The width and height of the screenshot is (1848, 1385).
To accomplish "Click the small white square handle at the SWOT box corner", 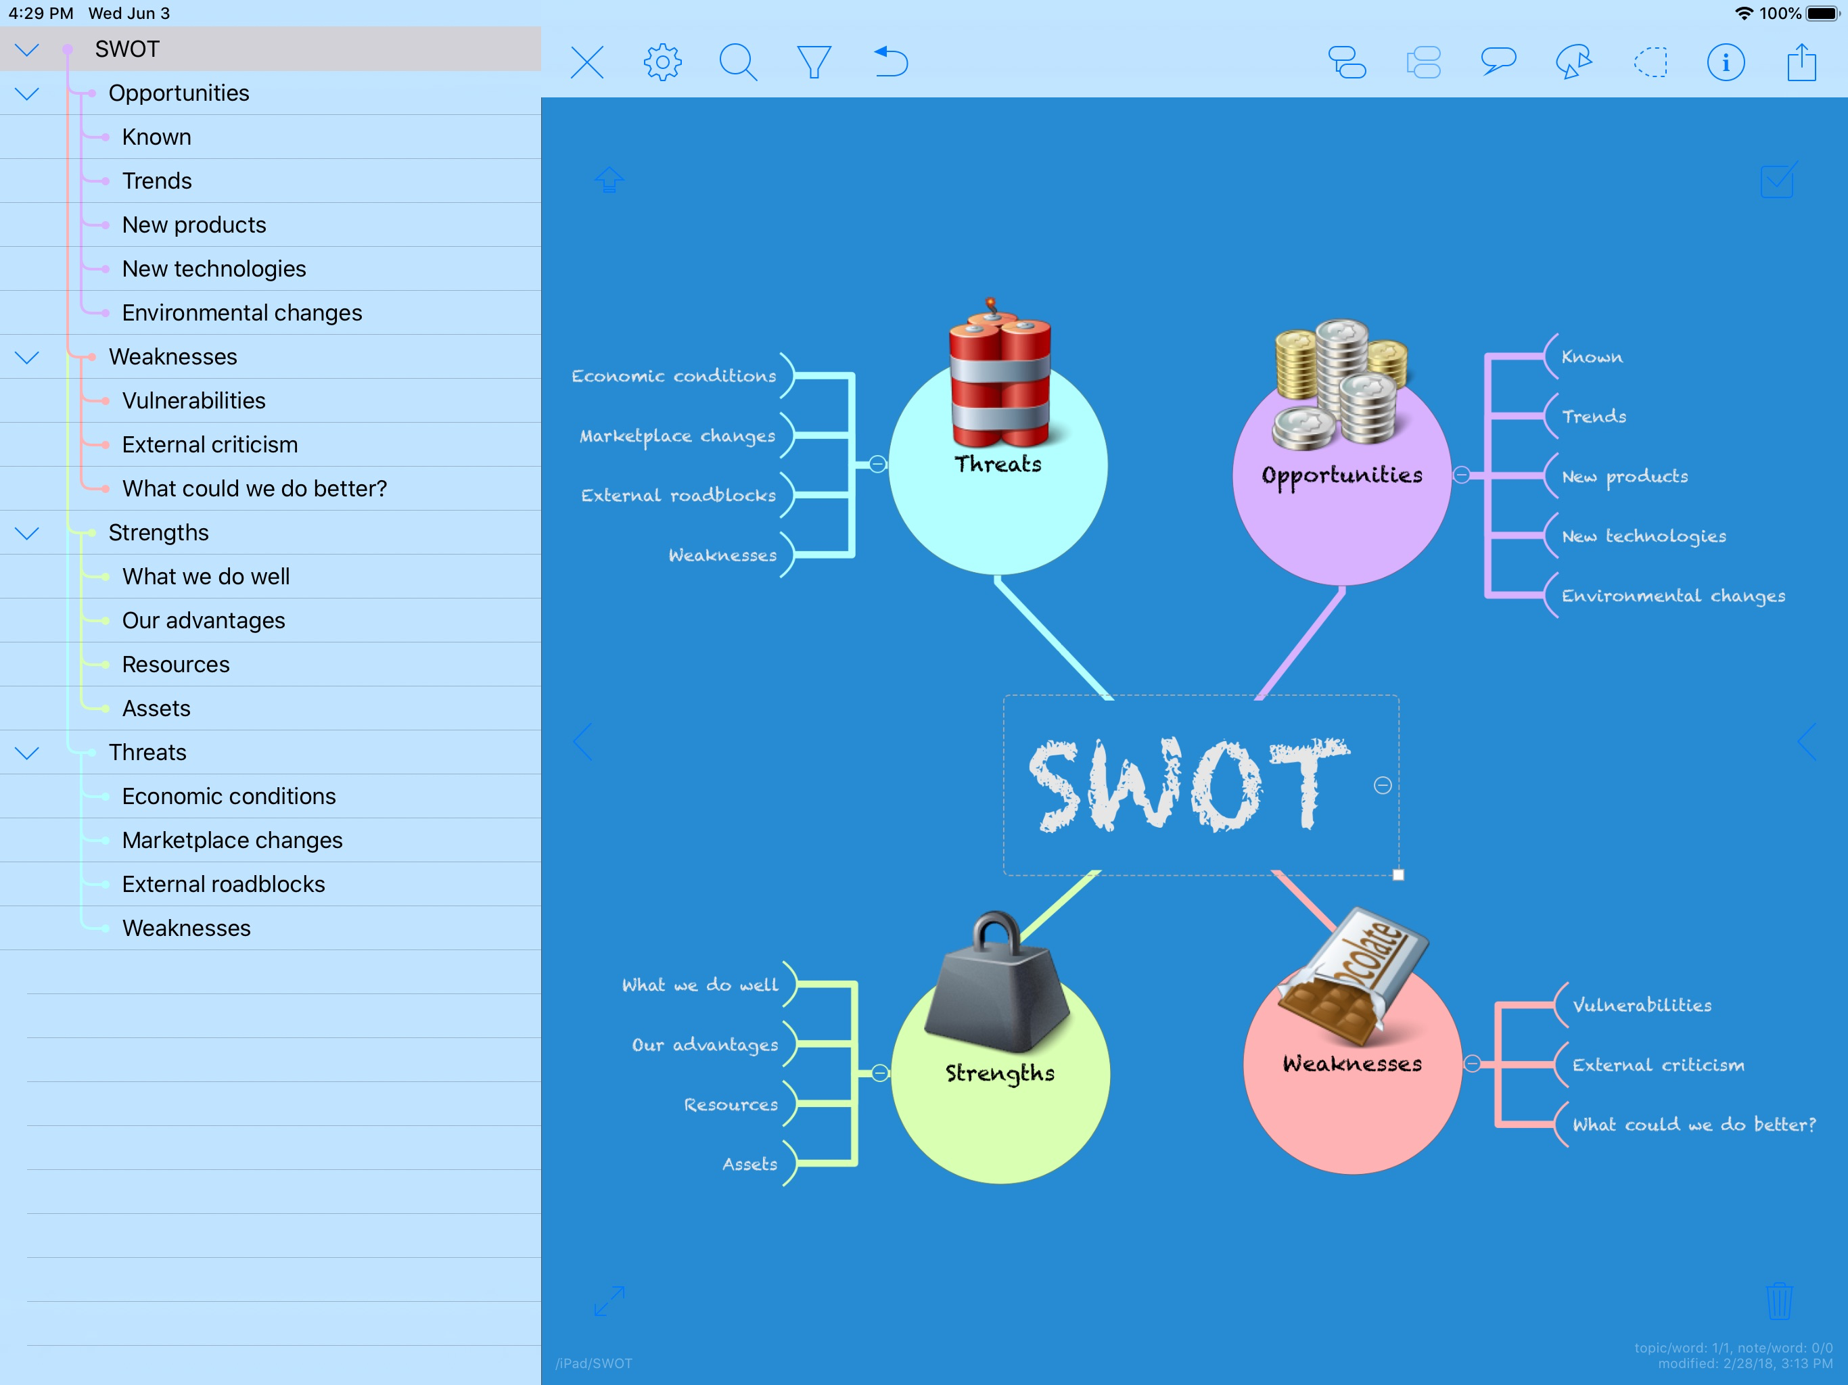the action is click(1399, 874).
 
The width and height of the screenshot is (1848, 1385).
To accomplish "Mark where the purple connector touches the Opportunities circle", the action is click(1342, 586).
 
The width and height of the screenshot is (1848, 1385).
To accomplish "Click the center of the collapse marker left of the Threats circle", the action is click(877, 464).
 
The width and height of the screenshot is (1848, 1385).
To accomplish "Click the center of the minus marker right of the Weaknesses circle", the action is click(1472, 1063).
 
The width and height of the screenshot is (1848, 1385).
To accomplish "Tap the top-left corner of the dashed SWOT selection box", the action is click(1004, 695).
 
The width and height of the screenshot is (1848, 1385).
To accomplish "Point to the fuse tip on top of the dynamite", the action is click(991, 301).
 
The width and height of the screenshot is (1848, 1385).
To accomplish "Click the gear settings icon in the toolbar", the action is click(662, 62).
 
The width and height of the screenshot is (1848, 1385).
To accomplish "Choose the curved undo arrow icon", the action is click(891, 62).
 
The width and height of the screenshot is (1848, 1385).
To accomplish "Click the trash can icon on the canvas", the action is click(1778, 1300).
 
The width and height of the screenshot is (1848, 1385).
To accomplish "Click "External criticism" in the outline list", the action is click(210, 444).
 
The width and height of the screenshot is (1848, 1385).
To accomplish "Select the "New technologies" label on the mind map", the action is click(1643, 536).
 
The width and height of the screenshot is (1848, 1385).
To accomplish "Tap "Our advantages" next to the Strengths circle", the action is click(704, 1045).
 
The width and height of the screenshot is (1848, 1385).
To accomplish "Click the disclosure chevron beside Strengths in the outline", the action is click(28, 533).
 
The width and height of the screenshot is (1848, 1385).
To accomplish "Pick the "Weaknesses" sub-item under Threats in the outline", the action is click(186, 928).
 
